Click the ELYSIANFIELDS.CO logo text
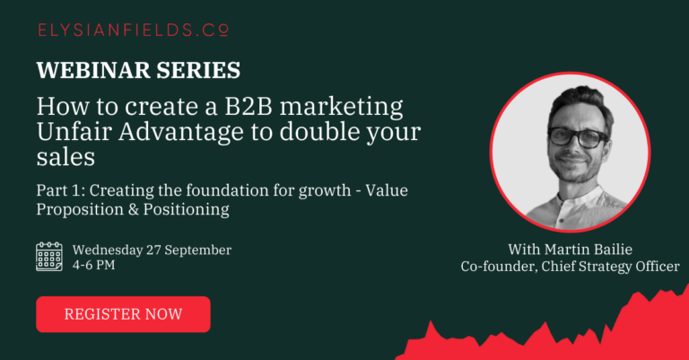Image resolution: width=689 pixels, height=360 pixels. coord(133,30)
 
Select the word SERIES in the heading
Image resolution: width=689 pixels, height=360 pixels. coord(198,70)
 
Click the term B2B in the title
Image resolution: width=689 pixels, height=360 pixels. coord(249,106)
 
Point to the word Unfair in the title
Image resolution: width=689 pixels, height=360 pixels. coord(74,131)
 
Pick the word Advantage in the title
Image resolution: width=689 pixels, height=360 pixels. coord(180,133)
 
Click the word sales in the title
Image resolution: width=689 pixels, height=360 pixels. coord(65,157)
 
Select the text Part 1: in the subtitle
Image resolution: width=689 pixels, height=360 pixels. coord(61,190)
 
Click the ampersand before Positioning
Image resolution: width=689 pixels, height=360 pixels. coord(134,209)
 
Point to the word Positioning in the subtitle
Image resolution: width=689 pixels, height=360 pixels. coord(187,210)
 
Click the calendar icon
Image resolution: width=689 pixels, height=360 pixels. coord(49,257)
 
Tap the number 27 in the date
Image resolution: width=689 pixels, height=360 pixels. coord(153,250)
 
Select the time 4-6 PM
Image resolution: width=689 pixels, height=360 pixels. coord(93,265)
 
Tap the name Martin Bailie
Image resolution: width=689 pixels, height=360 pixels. coord(589,250)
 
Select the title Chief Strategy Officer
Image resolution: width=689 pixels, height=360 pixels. coord(610,267)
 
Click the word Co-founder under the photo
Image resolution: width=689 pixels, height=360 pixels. coord(499,267)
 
